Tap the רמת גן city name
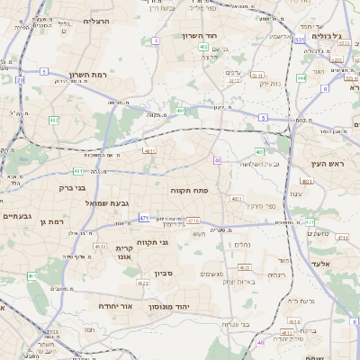[56, 220]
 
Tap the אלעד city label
[321, 264]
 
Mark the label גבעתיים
[18, 216]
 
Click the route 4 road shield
[156, 40]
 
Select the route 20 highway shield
[20, 80]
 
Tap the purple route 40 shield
[218, 160]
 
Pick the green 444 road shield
[301, 78]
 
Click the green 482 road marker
[54, 120]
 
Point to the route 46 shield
[260, 342]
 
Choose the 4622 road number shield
[143, 283]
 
